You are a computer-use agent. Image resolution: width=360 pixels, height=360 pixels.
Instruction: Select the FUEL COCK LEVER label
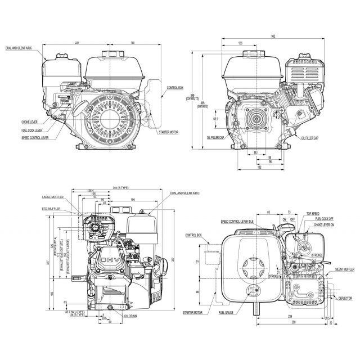pos(33,130)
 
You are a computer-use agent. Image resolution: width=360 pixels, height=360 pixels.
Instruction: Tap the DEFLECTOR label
pos(344,298)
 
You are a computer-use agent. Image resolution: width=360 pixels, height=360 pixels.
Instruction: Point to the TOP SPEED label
pos(313,214)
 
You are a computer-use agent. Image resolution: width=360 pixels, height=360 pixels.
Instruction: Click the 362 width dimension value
pos(272,37)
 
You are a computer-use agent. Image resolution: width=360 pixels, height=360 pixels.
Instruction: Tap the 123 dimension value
pos(240,43)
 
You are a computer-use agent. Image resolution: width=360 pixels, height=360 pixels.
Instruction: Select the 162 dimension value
pos(258,167)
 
